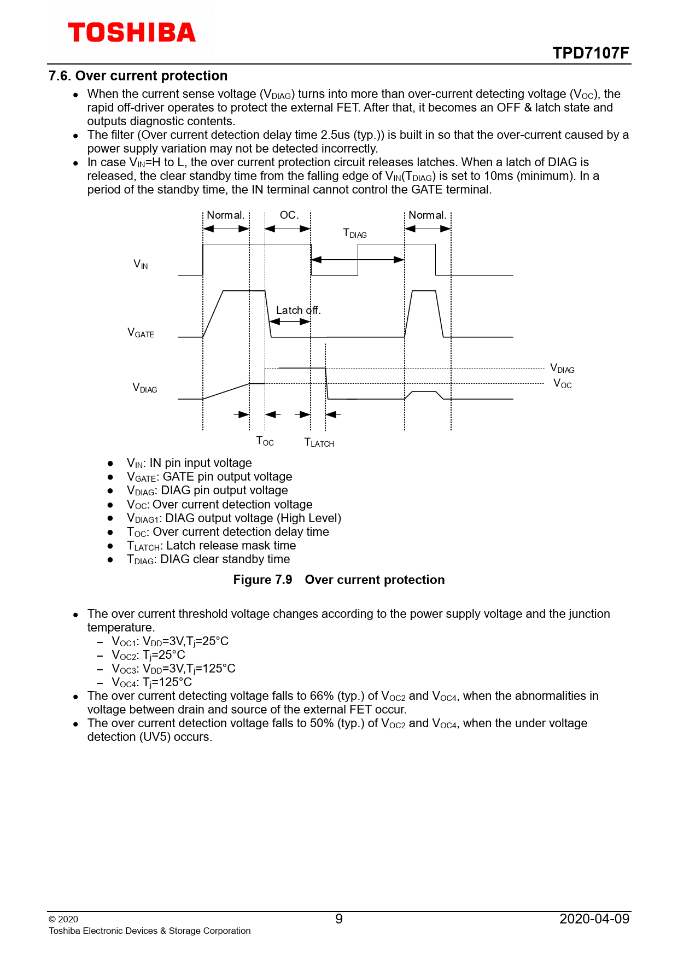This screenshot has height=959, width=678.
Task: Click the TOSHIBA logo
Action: click(x=131, y=33)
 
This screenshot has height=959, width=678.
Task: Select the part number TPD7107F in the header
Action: click(x=591, y=53)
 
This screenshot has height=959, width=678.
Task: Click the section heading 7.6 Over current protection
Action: click(x=138, y=76)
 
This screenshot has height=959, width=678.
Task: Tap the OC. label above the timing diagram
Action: click(x=289, y=215)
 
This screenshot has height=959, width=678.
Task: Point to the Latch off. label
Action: click(x=298, y=311)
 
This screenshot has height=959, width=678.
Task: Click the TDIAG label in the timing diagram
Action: click(x=355, y=233)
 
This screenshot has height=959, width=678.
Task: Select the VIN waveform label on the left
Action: click(x=141, y=265)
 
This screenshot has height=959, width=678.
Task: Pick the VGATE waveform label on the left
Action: click(x=141, y=333)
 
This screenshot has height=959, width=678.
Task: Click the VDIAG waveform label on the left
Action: click(x=145, y=388)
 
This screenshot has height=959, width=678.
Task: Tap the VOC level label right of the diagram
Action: click(x=563, y=384)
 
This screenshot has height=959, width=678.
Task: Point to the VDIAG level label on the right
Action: click(x=562, y=369)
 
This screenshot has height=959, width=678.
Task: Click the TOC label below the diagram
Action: click(x=265, y=441)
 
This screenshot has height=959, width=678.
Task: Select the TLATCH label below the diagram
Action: click(x=319, y=442)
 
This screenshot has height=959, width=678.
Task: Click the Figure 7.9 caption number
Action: click(x=262, y=580)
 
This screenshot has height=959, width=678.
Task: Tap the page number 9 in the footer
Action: click(x=339, y=919)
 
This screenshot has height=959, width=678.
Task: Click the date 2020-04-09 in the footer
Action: click(x=594, y=919)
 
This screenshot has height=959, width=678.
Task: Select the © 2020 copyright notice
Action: click(x=63, y=920)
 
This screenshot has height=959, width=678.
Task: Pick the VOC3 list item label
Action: click(x=124, y=669)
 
